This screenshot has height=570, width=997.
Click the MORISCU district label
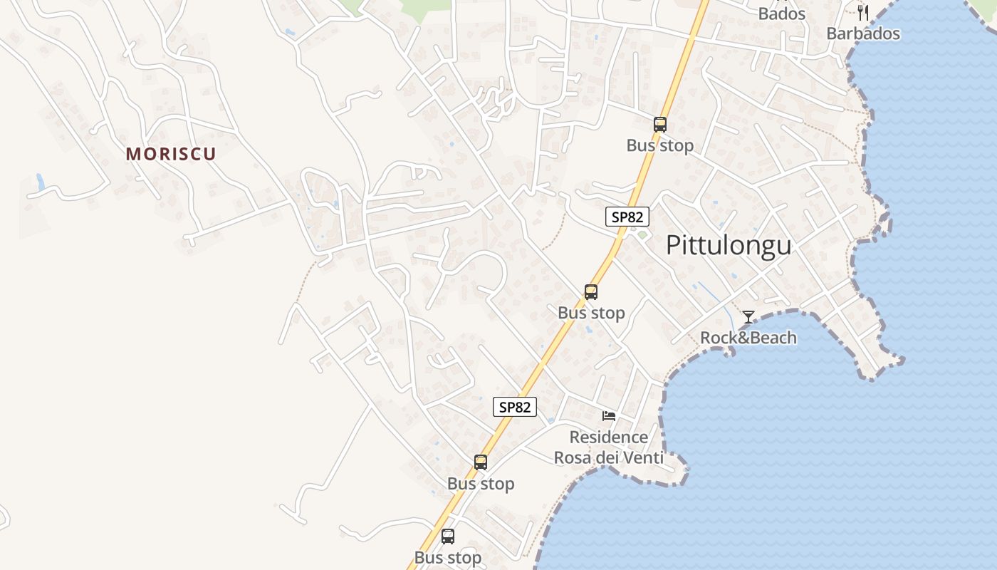point(171,154)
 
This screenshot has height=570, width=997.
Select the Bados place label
point(781,14)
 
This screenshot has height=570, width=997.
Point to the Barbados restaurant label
point(862,33)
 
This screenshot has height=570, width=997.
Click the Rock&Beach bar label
point(748,338)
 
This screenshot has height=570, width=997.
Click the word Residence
point(608,437)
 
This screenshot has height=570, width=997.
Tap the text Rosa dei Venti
point(608,457)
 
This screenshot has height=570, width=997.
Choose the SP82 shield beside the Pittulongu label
point(627,217)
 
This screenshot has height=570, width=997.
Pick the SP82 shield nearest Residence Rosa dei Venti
point(514,407)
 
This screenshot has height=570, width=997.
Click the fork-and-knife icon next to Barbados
point(863,12)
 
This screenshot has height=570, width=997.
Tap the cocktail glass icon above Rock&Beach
point(748,317)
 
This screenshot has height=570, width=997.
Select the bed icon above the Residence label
point(608,416)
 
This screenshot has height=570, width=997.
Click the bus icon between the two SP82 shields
point(590,291)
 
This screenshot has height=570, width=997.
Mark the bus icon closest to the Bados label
point(659,125)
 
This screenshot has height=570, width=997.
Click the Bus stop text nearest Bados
point(659,146)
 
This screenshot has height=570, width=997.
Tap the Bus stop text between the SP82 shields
point(591,313)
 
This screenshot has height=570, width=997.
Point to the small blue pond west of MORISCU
point(41,182)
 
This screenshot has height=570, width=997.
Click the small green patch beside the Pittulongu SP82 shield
point(642,234)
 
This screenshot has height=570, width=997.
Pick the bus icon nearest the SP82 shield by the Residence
point(481,462)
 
